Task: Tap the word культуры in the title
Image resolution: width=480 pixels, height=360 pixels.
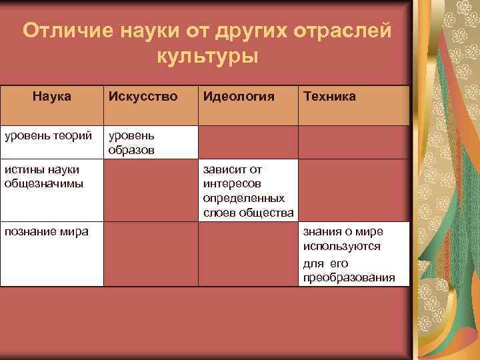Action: point(207,57)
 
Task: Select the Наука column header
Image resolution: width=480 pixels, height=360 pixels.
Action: point(52,97)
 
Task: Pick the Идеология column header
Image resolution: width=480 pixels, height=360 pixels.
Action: point(239,97)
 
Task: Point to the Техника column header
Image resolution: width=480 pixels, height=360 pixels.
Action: point(329,97)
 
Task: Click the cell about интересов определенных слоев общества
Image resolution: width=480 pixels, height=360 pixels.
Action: point(248,191)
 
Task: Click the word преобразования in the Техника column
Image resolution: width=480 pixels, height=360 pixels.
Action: point(349,277)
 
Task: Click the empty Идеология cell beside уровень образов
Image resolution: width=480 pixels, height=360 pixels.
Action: point(248,143)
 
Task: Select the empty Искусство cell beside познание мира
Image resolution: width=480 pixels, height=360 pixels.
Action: point(151,254)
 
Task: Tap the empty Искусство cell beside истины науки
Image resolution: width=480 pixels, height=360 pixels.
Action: point(151,191)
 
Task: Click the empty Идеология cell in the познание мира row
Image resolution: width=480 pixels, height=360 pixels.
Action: point(248,254)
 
